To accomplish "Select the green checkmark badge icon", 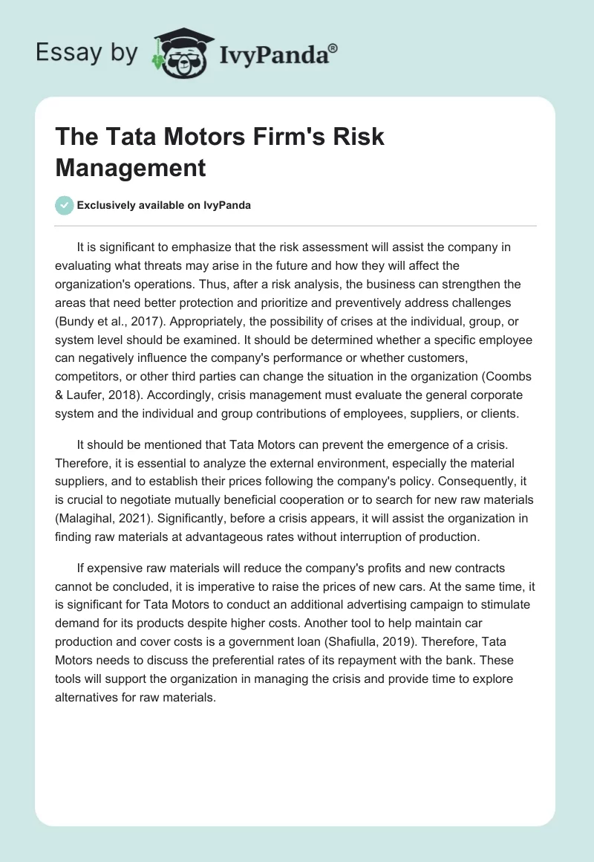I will coord(65,205).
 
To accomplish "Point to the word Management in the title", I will coord(131,167).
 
